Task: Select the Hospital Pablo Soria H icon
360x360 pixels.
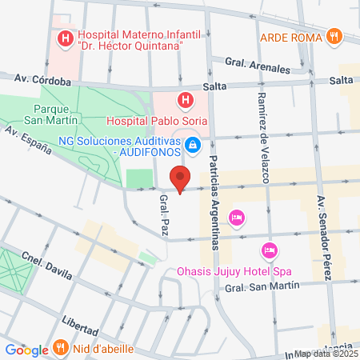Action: click(186, 100)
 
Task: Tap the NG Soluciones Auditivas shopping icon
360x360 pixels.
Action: click(192, 145)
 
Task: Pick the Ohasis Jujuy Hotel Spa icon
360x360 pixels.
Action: click(270, 250)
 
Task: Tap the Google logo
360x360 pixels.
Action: click(26, 350)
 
